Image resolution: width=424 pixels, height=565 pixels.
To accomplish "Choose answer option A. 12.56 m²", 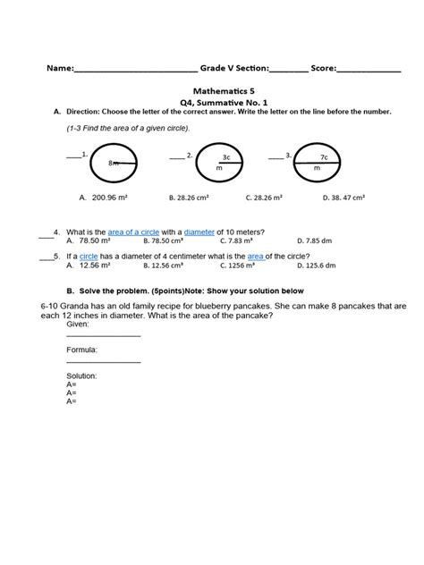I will coord(89,266).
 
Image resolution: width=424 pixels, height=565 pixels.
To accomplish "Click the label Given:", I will coord(78,325).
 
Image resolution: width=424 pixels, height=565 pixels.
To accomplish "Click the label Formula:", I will coord(81,350).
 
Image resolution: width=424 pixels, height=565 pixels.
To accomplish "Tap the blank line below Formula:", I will coord(103,361).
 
